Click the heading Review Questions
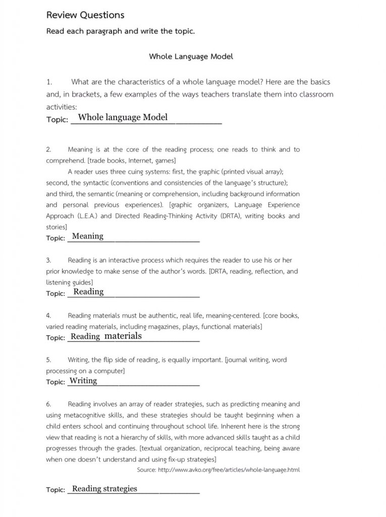click(x=85, y=15)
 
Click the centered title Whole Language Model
click(x=191, y=57)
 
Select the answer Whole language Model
click(x=123, y=118)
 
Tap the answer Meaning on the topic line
click(x=88, y=236)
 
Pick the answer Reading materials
click(x=106, y=336)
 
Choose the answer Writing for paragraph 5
click(x=83, y=381)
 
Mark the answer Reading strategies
click(x=104, y=488)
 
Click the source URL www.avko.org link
click(x=229, y=470)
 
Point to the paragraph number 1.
click(x=49, y=82)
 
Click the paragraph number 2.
click(x=48, y=149)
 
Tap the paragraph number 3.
click(x=48, y=261)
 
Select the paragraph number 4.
click(x=48, y=316)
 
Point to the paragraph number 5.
click(x=48, y=360)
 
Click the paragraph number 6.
click(x=48, y=404)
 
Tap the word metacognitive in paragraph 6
click(x=100, y=416)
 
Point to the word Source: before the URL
click(x=146, y=470)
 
